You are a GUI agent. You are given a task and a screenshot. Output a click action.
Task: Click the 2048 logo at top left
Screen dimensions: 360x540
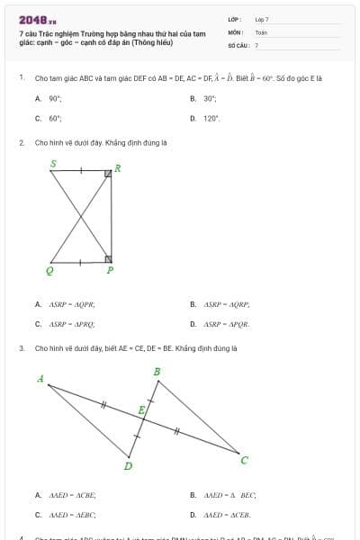coord(35,19)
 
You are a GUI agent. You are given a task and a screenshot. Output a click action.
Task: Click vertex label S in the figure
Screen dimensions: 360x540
coord(53,164)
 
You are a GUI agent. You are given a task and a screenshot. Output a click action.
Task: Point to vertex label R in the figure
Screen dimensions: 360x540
coord(117,167)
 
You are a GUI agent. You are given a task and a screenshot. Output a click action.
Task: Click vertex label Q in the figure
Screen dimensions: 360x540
coord(49,269)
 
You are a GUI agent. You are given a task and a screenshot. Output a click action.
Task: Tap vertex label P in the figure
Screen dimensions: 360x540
coord(110,269)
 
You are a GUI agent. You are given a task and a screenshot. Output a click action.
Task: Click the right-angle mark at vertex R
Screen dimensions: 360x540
coord(107,174)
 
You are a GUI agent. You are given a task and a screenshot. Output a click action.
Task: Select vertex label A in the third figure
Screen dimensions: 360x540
coord(40,379)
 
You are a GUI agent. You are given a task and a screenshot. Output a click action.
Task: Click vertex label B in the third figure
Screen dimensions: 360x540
coord(157,372)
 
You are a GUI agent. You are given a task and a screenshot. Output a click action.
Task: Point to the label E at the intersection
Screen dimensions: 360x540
coord(141,410)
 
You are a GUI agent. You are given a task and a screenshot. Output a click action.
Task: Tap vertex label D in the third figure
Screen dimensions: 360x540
coord(128,465)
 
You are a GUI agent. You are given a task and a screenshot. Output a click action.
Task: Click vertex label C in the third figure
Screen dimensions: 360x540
coord(244,460)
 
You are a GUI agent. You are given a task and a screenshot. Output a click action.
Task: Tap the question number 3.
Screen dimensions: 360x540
coord(21,347)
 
